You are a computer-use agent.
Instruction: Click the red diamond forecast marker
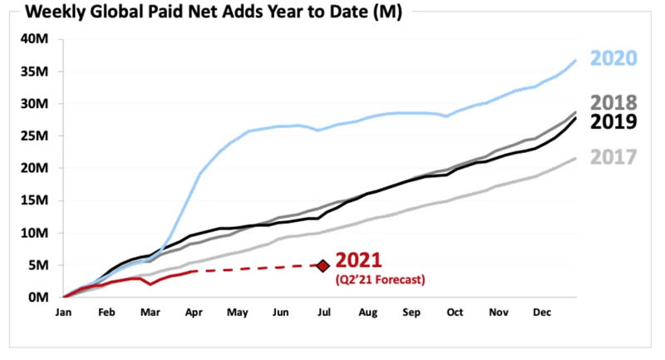(x=323, y=265)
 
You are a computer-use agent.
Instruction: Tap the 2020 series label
(x=614, y=58)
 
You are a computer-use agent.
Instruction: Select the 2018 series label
(x=614, y=103)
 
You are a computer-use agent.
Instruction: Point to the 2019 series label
(x=614, y=122)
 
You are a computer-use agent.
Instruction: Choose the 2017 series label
(x=614, y=156)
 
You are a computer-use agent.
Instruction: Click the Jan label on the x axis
(x=63, y=313)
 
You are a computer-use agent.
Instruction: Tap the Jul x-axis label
(x=323, y=313)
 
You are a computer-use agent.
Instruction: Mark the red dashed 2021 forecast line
(x=258, y=268)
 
